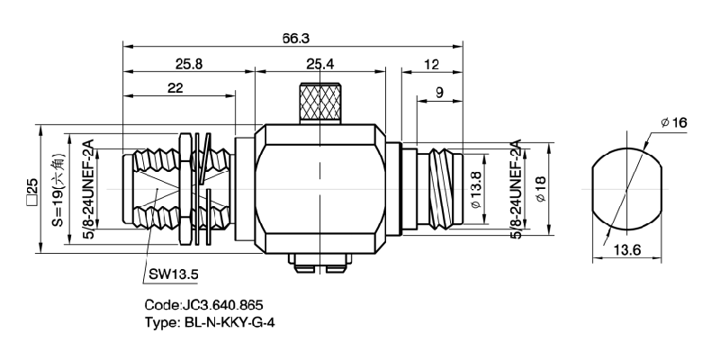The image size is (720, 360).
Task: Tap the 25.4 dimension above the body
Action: [320, 64]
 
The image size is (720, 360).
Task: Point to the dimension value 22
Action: [176, 87]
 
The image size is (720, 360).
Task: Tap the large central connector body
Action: [320, 189]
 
